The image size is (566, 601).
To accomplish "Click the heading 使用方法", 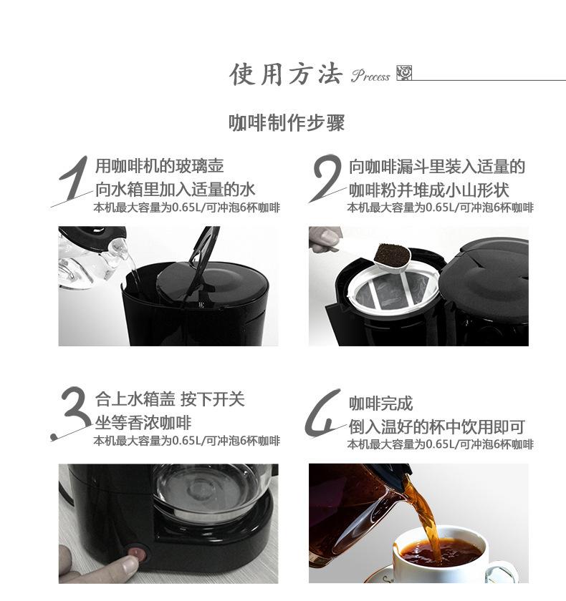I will [285, 74].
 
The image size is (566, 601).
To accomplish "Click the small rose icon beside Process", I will [404, 74].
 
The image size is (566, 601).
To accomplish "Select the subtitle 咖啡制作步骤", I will [287, 122].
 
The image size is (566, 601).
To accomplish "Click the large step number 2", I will [327, 179].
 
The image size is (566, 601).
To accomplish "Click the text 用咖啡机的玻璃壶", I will [159, 167].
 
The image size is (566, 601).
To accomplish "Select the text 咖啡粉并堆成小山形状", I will [428, 190].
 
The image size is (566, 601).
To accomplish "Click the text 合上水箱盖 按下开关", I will [169, 399].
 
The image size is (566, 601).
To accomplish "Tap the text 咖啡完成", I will [380, 404].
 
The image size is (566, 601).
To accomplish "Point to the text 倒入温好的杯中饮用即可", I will [436, 427].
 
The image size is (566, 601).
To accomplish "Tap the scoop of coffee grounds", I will [390, 254].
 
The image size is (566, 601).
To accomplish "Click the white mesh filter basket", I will [387, 293].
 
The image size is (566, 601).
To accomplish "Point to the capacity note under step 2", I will [440, 207].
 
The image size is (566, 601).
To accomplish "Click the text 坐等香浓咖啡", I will [143, 423].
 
